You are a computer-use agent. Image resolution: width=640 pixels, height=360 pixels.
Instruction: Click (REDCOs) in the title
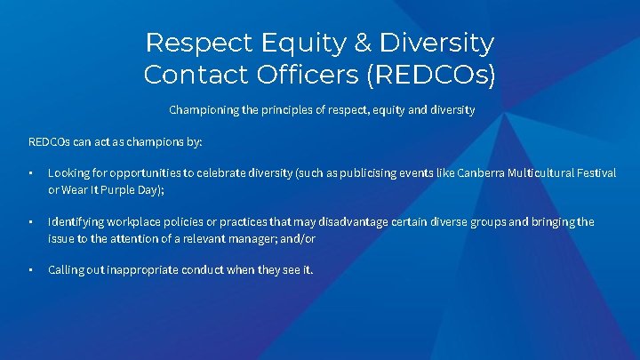tap(429, 74)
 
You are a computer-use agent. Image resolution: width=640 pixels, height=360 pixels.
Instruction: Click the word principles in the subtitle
tap(283, 111)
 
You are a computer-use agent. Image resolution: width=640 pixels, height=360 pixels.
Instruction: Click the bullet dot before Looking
tap(30, 173)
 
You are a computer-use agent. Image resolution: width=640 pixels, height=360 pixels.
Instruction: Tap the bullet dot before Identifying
tap(30, 222)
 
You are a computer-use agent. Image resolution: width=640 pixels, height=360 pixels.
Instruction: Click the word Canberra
tap(481, 172)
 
